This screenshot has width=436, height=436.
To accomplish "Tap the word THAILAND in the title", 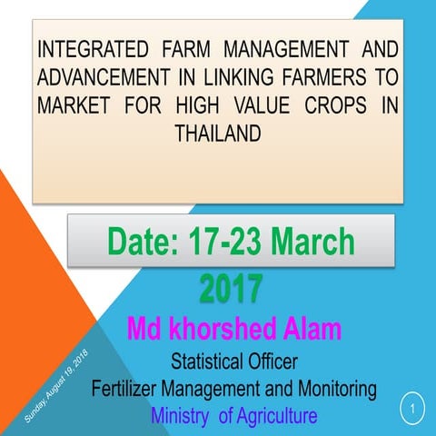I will click(x=217, y=133).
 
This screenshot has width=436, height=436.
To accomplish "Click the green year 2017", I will click(x=231, y=288).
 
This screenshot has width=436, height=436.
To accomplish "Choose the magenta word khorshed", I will click(x=214, y=328).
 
